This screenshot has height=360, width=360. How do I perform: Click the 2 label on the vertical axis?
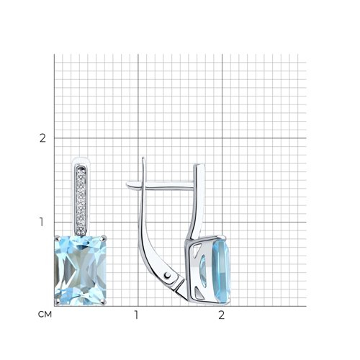point(42,138)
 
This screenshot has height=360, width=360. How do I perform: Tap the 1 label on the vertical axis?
point(42,222)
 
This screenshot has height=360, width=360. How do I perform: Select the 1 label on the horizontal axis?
point(136,315)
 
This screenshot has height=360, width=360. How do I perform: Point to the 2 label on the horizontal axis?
point(221,315)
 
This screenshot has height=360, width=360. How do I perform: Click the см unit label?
point(45,315)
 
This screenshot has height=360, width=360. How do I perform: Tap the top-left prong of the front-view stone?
point(57,238)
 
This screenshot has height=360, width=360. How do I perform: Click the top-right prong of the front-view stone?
point(104,238)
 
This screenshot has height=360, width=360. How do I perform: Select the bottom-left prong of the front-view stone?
point(57,302)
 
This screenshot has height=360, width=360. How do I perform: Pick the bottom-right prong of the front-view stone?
point(104,302)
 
